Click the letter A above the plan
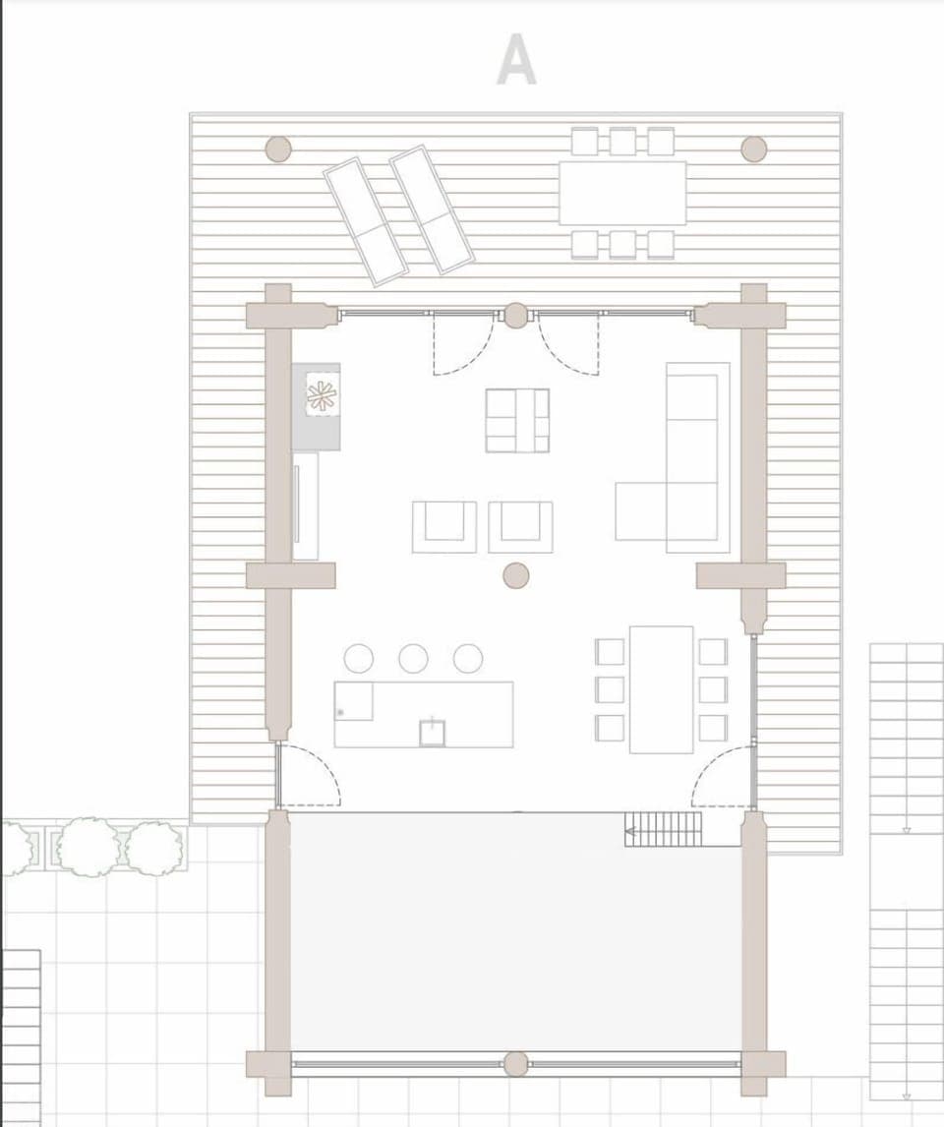[516, 60]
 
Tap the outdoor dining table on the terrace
[621, 193]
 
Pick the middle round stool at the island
[413, 658]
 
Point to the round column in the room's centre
[515, 575]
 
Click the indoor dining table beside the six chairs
[661, 688]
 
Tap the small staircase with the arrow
[665, 829]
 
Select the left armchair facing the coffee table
[443, 526]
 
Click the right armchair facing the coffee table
[520, 526]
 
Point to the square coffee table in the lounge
[517, 420]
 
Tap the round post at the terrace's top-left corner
[278, 149]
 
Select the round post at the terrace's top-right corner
[753, 149]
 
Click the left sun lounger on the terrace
[366, 221]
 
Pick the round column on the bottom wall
[515, 1063]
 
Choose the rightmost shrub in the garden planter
[154, 846]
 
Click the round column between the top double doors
[515, 315]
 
